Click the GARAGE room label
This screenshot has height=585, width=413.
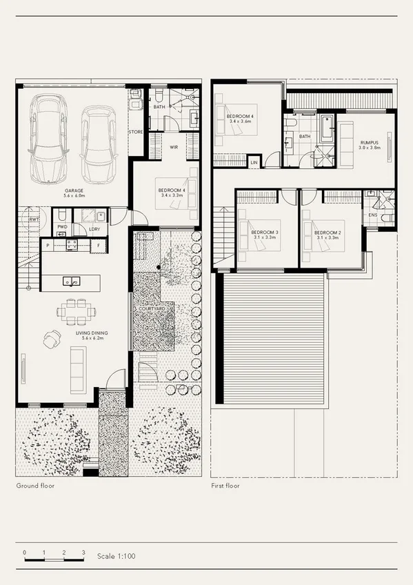[74, 190]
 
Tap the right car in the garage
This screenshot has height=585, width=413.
[96, 141]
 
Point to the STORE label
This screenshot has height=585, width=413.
[136, 131]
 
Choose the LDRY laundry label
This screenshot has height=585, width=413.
[94, 229]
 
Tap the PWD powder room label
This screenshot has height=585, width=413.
[62, 226]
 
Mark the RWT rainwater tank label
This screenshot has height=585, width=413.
[33, 220]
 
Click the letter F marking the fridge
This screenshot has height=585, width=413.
[99, 245]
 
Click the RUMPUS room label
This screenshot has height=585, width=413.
[370, 143]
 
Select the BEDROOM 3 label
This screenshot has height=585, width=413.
[265, 232]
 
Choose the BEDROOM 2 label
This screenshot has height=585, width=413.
[328, 232]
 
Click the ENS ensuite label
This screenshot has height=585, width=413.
[373, 215]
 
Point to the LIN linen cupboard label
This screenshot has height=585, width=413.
[254, 162]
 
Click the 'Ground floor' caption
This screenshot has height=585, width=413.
[35, 486]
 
